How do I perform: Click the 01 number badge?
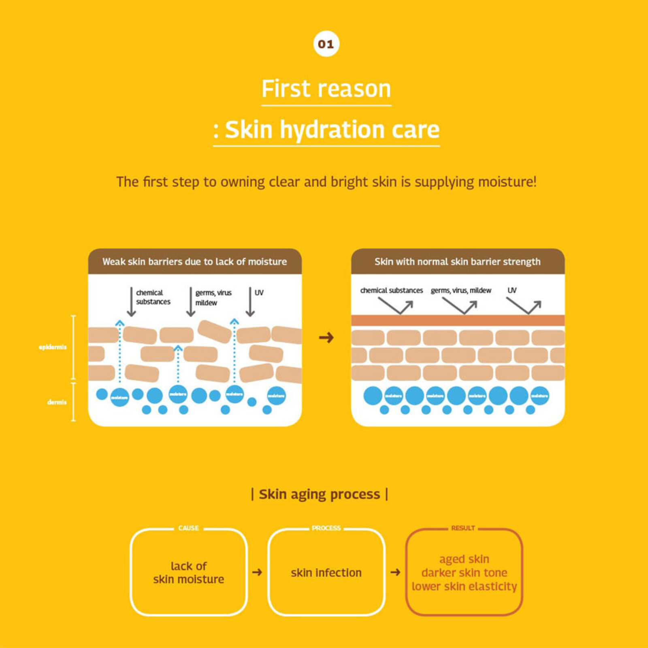pyautogui.click(x=326, y=44)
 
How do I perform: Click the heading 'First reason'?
pyautogui.click(x=326, y=89)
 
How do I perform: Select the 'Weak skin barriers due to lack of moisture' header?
pyautogui.click(x=194, y=262)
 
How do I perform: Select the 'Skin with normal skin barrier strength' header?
pyautogui.click(x=457, y=262)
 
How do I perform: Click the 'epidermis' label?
pyautogui.click(x=53, y=347)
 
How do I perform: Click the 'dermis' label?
pyautogui.click(x=57, y=402)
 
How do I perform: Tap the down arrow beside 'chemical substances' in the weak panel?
pyautogui.click(x=131, y=302)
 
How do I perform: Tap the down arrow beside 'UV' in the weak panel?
pyautogui.click(x=250, y=302)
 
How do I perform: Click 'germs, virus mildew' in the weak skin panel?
pyautogui.click(x=213, y=298)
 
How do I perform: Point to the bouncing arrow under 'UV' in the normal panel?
pyautogui.click(x=524, y=306)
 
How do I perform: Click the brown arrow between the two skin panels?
pyautogui.click(x=326, y=337)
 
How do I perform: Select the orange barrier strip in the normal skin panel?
pyautogui.click(x=458, y=320)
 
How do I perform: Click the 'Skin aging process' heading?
pyautogui.click(x=320, y=494)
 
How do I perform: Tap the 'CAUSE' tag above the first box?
pyautogui.click(x=188, y=528)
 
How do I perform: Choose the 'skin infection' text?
pyautogui.click(x=326, y=573)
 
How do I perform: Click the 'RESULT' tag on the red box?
pyautogui.click(x=463, y=528)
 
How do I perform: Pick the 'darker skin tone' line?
pyautogui.click(x=464, y=573)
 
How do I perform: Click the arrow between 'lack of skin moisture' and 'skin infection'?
pyautogui.click(x=257, y=572)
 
